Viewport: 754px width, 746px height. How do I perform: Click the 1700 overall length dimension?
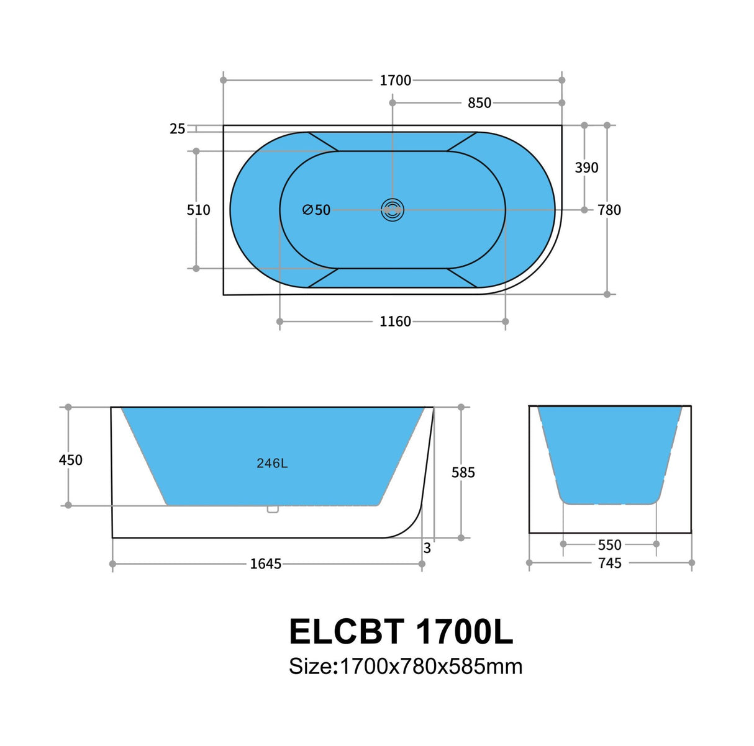pyautogui.click(x=395, y=80)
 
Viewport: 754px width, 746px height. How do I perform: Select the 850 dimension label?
pyautogui.click(x=479, y=103)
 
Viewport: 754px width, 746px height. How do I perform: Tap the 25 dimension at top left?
pyautogui.click(x=177, y=128)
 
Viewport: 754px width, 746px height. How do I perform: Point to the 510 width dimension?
pyautogui.click(x=198, y=210)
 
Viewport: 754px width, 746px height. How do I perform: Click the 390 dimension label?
pyautogui.click(x=586, y=168)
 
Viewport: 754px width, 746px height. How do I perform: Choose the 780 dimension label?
pyautogui.click(x=609, y=210)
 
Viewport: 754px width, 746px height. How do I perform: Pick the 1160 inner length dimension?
pyautogui.click(x=395, y=321)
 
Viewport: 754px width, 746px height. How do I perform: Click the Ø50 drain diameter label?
pyautogui.click(x=316, y=210)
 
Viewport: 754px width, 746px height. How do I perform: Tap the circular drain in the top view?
pyautogui.click(x=393, y=210)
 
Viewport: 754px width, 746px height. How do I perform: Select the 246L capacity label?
pyautogui.click(x=272, y=463)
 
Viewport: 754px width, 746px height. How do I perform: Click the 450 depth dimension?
pyautogui.click(x=70, y=460)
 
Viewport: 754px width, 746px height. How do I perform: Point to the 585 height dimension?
pyautogui.click(x=463, y=472)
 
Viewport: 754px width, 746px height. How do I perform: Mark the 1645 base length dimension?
pyautogui.click(x=265, y=564)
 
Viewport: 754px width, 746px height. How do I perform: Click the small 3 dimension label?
pyautogui.click(x=427, y=549)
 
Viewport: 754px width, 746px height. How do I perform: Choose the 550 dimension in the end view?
pyautogui.click(x=609, y=544)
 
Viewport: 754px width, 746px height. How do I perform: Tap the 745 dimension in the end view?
pyautogui.click(x=609, y=563)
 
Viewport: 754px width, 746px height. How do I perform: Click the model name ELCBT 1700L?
pyautogui.click(x=401, y=632)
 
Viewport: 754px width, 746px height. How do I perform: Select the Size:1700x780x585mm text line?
pyautogui.click(x=405, y=667)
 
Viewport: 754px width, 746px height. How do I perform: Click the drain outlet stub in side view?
pyautogui.click(x=272, y=509)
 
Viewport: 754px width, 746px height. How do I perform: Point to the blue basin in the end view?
pyautogui.click(x=609, y=453)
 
